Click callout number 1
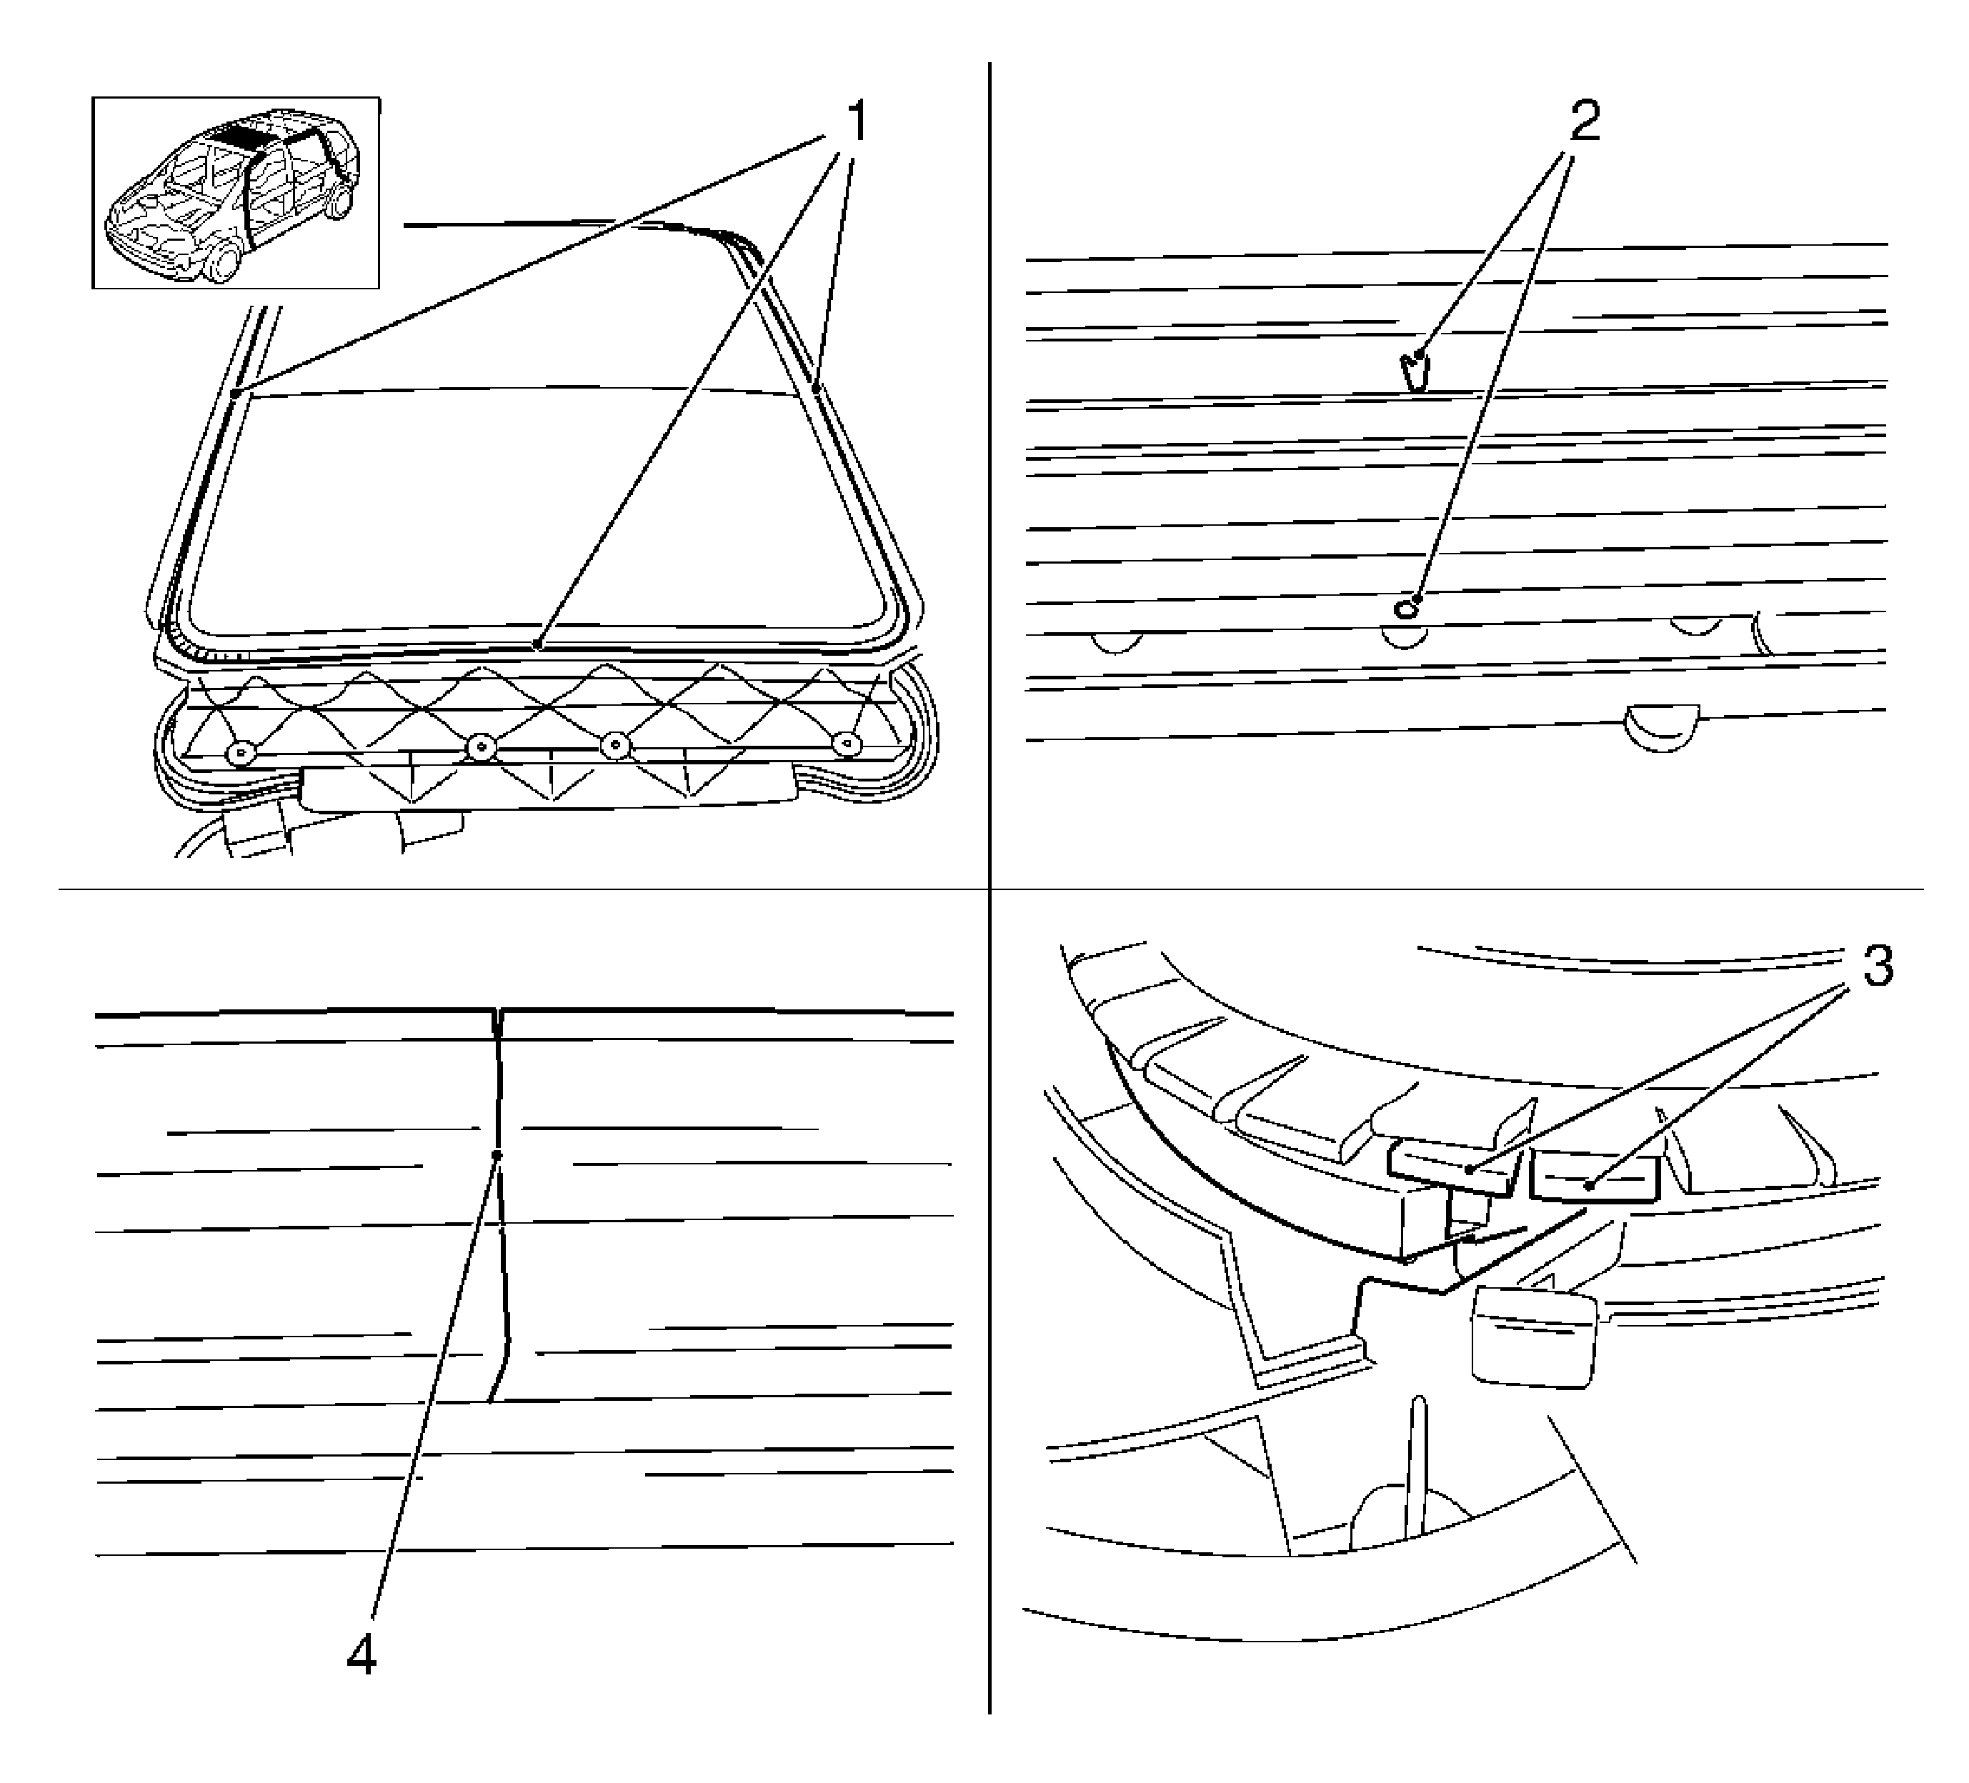(x=856, y=123)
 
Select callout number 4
(x=362, y=1655)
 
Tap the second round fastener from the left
(x=481, y=749)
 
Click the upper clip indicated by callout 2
(x=1412, y=370)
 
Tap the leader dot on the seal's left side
(x=236, y=394)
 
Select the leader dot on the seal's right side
(x=817, y=389)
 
